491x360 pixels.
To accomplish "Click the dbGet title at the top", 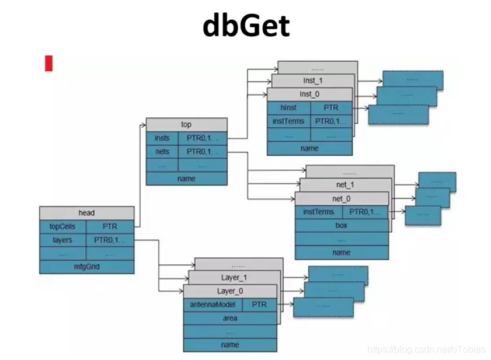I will [x=245, y=26].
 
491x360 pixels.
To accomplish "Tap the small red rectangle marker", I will [x=49, y=64].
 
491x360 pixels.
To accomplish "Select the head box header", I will [x=86, y=213].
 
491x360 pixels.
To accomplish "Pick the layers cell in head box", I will [x=62, y=240].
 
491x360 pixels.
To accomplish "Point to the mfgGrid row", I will [x=86, y=267].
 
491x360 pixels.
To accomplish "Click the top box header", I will [x=186, y=124].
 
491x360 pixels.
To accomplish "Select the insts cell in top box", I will [x=162, y=138].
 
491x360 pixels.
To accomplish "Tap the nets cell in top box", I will [x=162, y=152].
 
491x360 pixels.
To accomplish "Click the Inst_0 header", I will [x=309, y=94].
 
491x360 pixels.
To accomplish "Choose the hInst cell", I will [x=288, y=108].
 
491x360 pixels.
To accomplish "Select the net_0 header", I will [x=342, y=198].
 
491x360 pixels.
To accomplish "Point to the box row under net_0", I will [x=342, y=225].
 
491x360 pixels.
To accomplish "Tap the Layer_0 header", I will [x=229, y=291].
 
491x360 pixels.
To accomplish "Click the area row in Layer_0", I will [x=229, y=319].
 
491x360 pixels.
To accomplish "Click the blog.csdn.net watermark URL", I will [x=426, y=349].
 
